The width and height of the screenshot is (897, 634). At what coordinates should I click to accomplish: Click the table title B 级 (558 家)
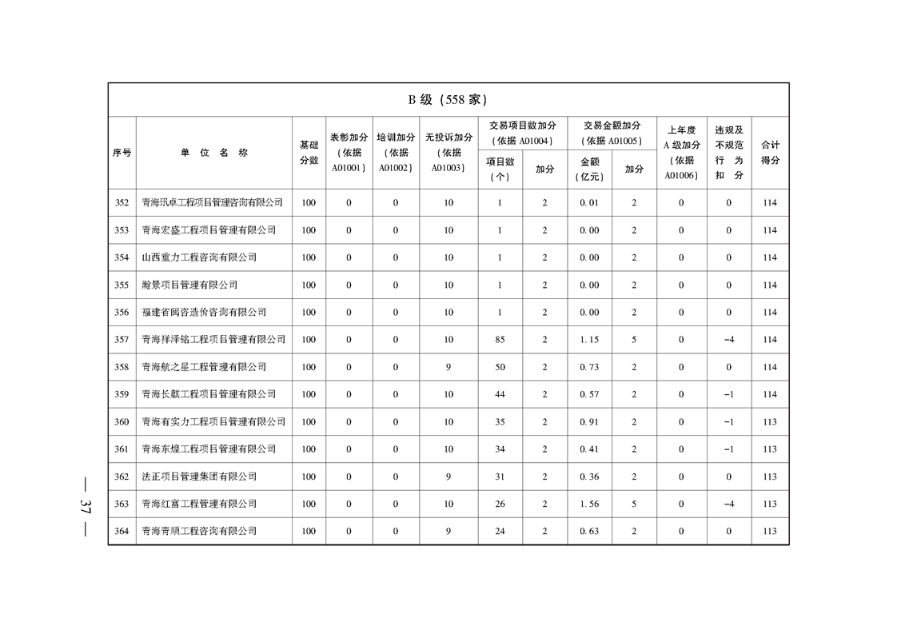tap(448, 100)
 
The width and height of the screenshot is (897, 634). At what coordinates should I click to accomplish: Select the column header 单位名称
tap(213, 153)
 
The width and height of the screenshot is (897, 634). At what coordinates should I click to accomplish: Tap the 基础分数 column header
tap(309, 153)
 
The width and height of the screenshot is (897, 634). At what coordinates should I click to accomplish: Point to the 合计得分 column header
tap(770, 153)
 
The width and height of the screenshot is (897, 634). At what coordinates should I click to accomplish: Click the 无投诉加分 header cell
tap(448, 153)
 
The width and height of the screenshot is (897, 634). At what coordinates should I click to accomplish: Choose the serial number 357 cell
tap(122, 340)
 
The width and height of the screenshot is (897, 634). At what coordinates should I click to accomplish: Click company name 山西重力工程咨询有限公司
tap(199, 257)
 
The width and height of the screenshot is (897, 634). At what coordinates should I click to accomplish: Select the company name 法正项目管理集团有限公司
tap(199, 476)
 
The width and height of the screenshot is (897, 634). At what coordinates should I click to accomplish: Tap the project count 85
tap(500, 340)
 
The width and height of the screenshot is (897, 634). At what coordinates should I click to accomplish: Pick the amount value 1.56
tap(589, 504)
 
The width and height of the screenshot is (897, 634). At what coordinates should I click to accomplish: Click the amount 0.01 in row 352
tap(589, 203)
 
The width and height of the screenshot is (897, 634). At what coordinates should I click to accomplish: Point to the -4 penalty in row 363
tap(728, 504)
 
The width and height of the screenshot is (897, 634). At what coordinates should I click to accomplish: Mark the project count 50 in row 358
tap(500, 367)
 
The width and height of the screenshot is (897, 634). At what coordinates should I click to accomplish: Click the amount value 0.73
tap(589, 367)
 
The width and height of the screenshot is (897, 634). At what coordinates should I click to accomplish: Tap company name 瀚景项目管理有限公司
tap(189, 285)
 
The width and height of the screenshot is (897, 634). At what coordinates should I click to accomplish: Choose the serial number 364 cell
tap(122, 531)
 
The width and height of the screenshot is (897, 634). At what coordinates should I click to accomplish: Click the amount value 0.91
tap(589, 422)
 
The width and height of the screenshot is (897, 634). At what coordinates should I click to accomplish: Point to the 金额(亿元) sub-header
tap(589, 169)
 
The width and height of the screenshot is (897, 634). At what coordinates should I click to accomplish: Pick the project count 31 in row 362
tap(500, 476)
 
